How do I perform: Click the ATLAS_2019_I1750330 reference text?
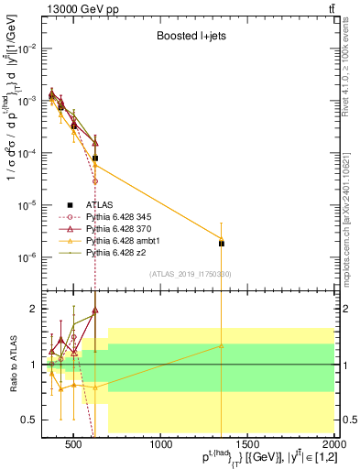click(191, 274)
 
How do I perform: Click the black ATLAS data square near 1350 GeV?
click(222, 243)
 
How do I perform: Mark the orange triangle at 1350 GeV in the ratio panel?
click(222, 345)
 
